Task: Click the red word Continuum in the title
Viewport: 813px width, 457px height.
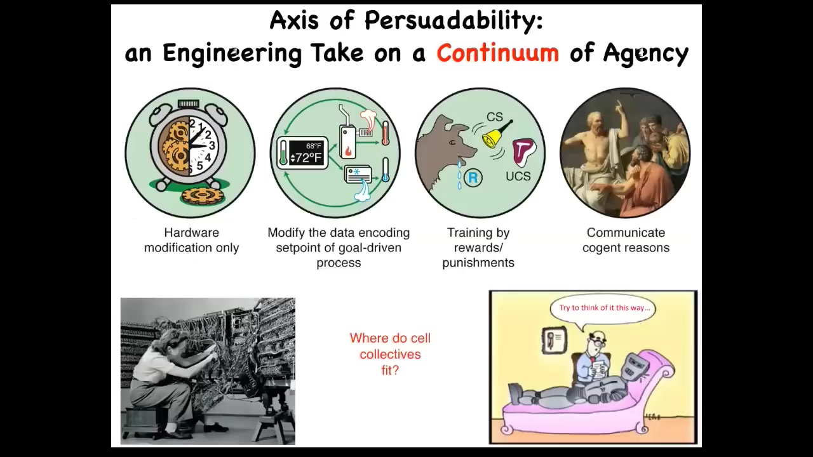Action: click(497, 53)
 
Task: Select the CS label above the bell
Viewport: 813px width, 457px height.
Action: click(495, 117)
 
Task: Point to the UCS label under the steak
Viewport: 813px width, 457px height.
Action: click(518, 176)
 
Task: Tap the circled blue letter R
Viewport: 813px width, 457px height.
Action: click(473, 178)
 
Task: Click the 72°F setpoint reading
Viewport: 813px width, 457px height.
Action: click(306, 158)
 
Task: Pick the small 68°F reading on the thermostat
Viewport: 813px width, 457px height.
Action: click(314, 146)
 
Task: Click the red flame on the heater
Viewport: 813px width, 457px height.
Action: click(347, 151)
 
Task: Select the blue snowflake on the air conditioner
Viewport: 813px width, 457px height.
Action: click(357, 172)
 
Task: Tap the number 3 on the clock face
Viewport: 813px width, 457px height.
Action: click(212, 145)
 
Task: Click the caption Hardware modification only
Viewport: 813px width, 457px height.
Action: click(192, 240)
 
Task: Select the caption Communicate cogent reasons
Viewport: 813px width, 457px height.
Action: click(626, 240)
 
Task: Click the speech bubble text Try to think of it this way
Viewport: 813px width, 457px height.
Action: click(604, 308)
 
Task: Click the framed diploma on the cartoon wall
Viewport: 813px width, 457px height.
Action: click(554, 340)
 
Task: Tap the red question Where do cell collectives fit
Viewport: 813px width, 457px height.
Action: click(390, 354)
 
